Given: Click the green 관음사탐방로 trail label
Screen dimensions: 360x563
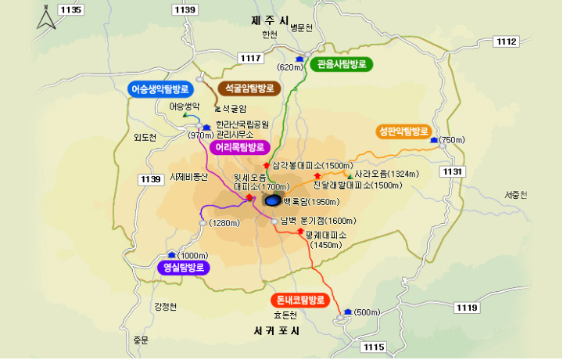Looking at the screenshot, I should click(x=342, y=64).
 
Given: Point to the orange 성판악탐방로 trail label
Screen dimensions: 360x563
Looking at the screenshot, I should click(x=403, y=131).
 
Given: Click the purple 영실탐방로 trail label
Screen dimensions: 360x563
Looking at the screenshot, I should click(x=185, y=268).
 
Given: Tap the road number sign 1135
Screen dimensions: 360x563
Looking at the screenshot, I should click(x=70, y=9).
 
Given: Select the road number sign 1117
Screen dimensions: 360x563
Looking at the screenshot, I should click(x=251, y=58).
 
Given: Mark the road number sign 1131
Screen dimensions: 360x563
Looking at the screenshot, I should click(x=453, y=171).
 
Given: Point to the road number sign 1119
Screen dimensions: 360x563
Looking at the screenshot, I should click(x=466, y=308).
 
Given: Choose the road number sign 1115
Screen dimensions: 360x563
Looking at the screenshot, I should click(x=374, y=346).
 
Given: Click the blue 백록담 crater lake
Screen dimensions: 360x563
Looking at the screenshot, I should click(x=272, y=201).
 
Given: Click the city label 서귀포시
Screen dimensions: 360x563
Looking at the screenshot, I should click(x=277, y=330).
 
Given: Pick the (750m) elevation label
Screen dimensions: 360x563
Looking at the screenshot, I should click(x=452, y=140).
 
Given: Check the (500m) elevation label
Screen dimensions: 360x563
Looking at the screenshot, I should click(x=367, y=313).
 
